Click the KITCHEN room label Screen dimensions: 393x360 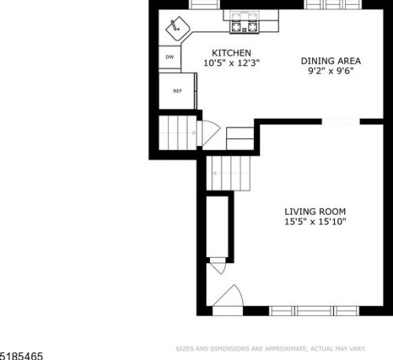[231, 53]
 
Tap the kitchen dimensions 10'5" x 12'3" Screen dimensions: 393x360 [232, 63]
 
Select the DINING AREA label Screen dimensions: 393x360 [331, 61]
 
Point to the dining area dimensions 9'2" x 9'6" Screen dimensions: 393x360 [331, 71]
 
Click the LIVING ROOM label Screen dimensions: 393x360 [315, 211]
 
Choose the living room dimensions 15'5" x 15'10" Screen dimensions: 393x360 [315, 222]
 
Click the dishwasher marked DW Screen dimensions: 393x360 [170, 57]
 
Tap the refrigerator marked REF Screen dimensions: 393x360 [178, 91]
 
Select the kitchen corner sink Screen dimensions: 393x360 [178, 28]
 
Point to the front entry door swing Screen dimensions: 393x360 [228, 296]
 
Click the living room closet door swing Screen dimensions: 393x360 [218, 266]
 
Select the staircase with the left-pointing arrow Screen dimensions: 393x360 [229, 173]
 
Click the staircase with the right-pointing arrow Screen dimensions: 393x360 [178, 133]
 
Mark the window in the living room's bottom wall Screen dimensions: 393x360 [314, 310]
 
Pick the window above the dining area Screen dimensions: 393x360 [332, 4]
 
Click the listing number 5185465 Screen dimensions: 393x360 [21, 356]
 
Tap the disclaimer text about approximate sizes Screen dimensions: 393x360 [270, 349]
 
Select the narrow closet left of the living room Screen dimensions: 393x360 [217, 226]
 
